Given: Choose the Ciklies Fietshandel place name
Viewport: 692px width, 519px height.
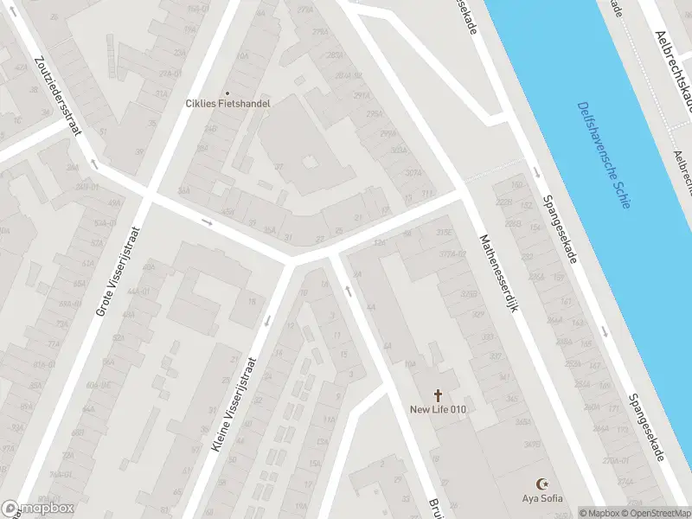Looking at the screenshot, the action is (227, 104).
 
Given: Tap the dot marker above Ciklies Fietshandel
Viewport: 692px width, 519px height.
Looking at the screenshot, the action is (227, 93).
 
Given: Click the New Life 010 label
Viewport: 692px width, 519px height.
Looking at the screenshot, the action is (438, 408).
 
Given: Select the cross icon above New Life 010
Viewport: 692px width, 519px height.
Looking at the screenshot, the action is (438, 394).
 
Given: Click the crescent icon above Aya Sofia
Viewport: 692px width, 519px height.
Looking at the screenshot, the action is (543, 484).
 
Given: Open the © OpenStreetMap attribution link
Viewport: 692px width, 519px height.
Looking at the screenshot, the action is (657, 513).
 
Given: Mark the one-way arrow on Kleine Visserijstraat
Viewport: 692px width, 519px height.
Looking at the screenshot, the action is (266, 322).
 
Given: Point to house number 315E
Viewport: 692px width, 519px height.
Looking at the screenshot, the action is (445, 233).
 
